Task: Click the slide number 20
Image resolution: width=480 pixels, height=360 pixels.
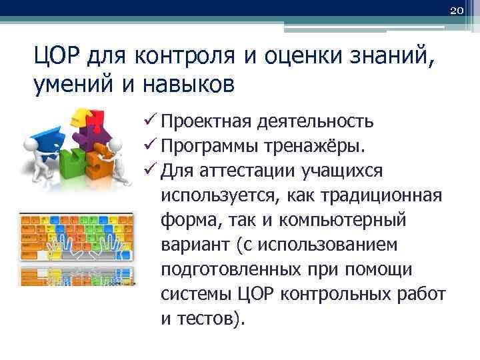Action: click(x=457, y=11)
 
